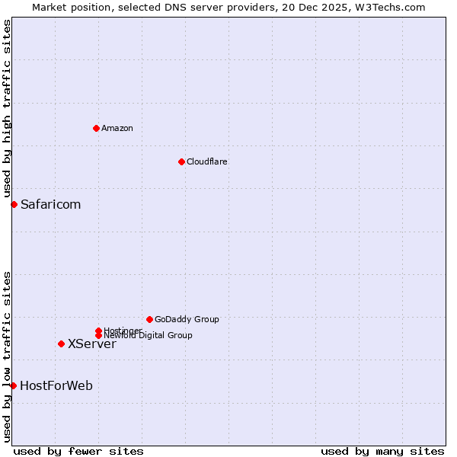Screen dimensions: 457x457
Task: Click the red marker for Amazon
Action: (x=96, y=128)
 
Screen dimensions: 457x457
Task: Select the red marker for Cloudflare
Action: (x=181, y=161)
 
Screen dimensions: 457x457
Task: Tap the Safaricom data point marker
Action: (x=14, y=204)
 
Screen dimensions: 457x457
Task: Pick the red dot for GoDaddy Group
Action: (x=149, y=319)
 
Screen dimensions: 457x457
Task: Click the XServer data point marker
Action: (x=61, y=344)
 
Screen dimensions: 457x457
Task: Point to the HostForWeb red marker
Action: (x=13, y=385)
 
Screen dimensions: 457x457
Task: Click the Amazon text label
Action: (x=117, y=128)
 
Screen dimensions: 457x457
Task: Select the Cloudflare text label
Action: (x=206, y=161)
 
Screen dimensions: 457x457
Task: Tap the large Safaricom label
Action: (x=50, y=204)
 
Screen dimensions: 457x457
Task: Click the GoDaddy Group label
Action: (x=187, y=319)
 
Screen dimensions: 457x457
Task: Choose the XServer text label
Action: (x=92, y=344)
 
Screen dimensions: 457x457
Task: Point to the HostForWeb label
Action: (x=56, y=385)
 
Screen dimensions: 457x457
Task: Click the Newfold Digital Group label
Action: (x=148, y=335)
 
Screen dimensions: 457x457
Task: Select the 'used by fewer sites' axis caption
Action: (x=78, y=451)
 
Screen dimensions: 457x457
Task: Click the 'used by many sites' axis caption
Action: (x=382, y=451)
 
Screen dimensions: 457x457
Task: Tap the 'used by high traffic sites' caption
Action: (x=7, y=108)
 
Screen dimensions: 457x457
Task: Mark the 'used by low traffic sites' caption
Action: (x=7, y=356)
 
